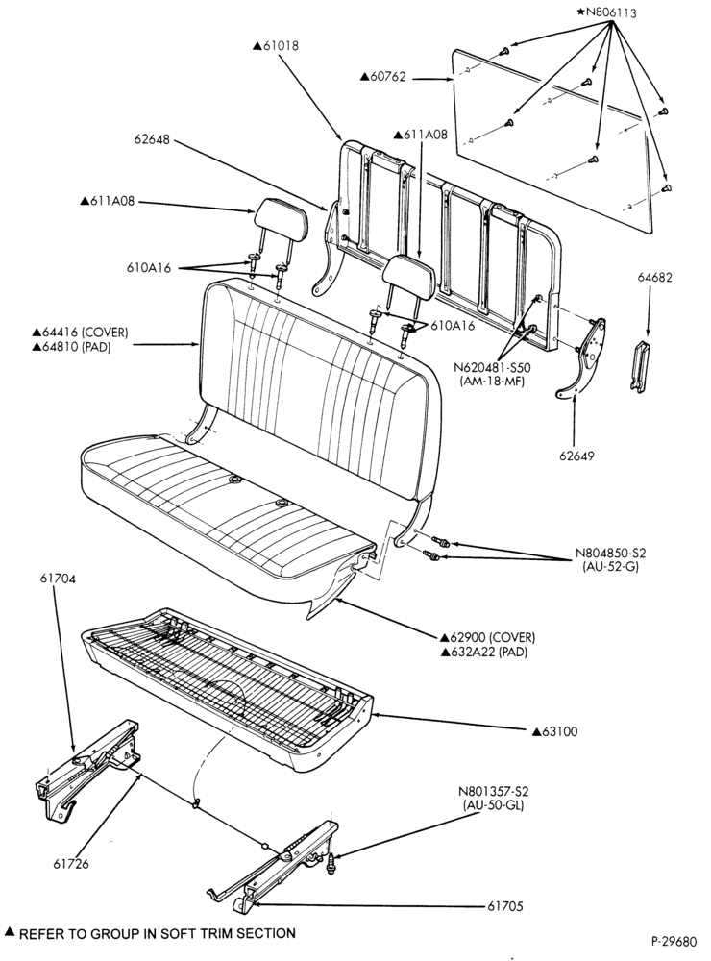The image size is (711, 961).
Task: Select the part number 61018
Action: (x=276, y=45)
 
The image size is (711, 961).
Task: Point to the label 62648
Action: (x=152, y=139)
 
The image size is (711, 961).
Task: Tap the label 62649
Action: (x=576, y=456)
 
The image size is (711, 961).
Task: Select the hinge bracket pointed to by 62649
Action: (x=581, y=359)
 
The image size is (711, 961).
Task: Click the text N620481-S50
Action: (x=492, y=368)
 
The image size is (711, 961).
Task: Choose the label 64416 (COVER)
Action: (x=81, y=332)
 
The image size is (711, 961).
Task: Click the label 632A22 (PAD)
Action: (x=484, y=652)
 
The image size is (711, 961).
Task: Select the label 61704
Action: (x=59, y=578)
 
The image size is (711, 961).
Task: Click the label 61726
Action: (x=70, y=864)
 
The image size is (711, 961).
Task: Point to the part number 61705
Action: (x=505, y=906)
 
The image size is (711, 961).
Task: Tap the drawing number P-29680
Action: (x=674, y=940)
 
